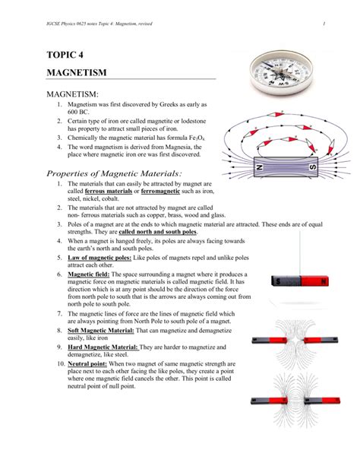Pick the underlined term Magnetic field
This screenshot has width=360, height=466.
tap(89, 274)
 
